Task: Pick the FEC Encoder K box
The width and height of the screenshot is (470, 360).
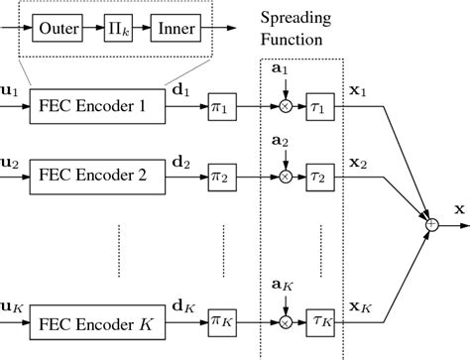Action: pos(94,321)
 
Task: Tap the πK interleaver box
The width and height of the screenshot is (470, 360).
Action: pos(220,321)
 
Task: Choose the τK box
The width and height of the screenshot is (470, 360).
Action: pos(319,321)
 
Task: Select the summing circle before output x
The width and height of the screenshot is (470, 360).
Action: pos(429,226)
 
